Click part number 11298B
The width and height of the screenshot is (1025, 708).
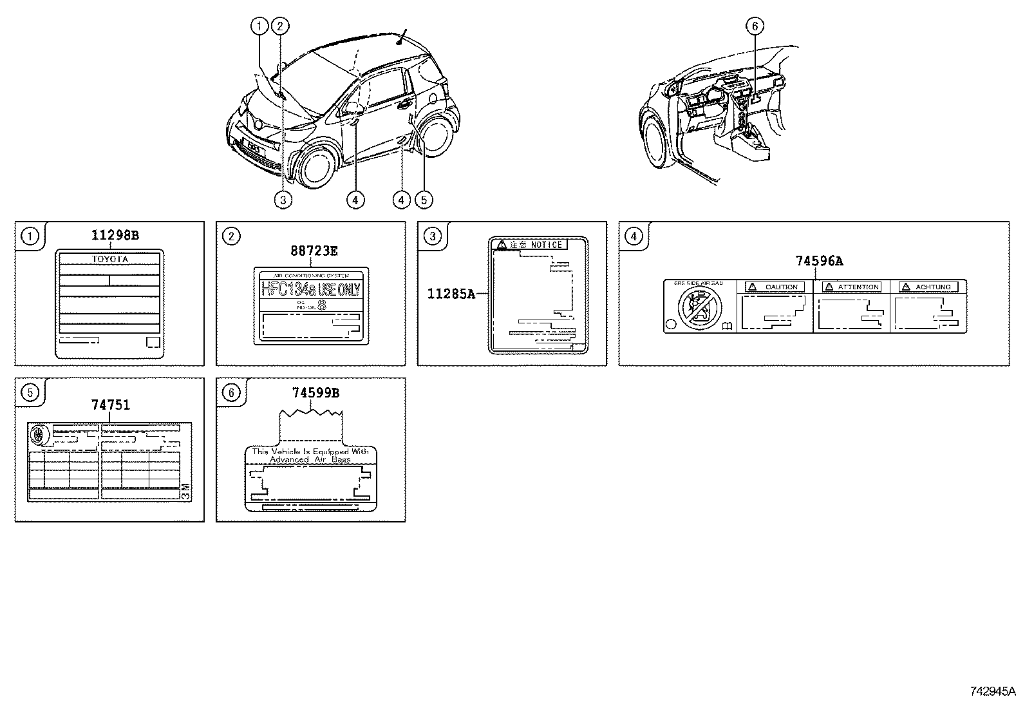tap(115, 235)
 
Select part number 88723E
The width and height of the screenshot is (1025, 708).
tap(313, 251)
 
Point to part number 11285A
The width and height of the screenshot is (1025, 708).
tap(451, 294)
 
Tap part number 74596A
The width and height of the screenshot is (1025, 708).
tap(818, 261)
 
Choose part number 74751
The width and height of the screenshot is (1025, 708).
tap(110, 405)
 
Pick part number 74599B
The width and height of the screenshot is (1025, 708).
tap(315, 393)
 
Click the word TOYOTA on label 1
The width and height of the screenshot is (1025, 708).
tap(109, 259)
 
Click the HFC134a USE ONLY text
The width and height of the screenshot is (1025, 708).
tap(310, 289)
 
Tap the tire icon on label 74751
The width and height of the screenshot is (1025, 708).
tap(40, 434)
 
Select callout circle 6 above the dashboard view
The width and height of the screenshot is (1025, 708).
tap(755, 26)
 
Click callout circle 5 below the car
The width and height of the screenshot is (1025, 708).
tap(423, 200)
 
